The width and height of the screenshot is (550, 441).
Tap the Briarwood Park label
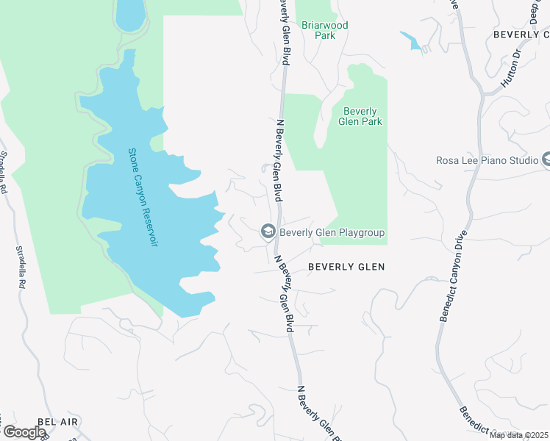[325, 30]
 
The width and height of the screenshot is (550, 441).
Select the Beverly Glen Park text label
[360, 116]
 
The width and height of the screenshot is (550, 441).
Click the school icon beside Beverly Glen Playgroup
[268, 232]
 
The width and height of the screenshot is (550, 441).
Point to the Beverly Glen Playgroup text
[332, 233]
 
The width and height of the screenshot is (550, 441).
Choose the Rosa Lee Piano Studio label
[486, 159]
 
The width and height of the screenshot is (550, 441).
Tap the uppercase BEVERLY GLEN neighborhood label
[346, 267]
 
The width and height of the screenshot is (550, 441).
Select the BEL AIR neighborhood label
[57, 422]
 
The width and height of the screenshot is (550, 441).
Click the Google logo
[24, 432]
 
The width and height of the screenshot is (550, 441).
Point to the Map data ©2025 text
[518, 435]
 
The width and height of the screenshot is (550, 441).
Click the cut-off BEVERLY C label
[521, 35]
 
